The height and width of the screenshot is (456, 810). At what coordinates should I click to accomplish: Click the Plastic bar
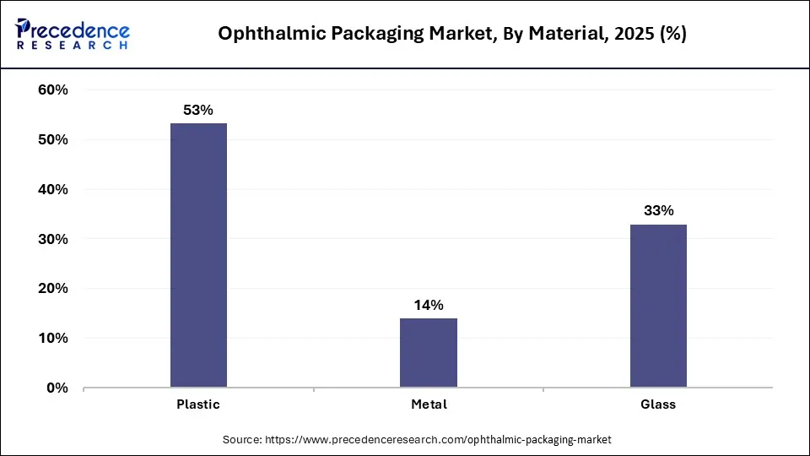pos(198,255)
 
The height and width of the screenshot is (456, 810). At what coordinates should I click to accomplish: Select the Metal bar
pos(429,352)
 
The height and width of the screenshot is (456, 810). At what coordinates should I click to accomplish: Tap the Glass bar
pos(658,305)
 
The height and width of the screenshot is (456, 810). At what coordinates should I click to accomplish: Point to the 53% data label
pos(198,110)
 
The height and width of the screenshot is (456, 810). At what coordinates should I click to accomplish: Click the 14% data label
pos(429,305)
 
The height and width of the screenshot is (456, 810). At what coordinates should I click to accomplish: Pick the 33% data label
pos(658,211)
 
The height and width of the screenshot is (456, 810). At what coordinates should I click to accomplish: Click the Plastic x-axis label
pos(198,404)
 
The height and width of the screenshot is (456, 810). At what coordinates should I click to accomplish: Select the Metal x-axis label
pos(429,404)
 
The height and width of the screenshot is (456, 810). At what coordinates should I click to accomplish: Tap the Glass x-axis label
pos(658,404)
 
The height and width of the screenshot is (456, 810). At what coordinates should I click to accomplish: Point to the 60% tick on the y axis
pos(53,90)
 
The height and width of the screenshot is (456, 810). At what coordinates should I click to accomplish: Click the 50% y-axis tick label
pos(53,140)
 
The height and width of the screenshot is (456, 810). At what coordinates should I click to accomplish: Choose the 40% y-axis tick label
pos(53,190)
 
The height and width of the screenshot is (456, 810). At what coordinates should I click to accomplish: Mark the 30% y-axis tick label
pos(53,240)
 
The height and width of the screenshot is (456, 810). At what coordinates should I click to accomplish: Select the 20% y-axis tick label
pos(53,289)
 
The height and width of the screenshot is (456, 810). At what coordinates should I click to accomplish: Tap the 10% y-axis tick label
pos(53,339)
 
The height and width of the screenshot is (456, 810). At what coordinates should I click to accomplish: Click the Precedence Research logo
pos(73,34)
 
